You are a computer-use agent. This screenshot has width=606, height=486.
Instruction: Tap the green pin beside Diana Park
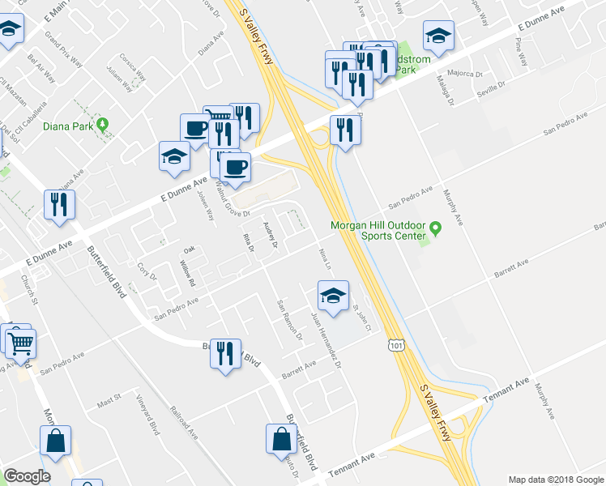click(x=102, y=125)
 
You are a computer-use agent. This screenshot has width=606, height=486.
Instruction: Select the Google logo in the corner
click(x=27, y=476)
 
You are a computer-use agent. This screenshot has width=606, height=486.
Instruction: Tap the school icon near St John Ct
click(x=332, y=296)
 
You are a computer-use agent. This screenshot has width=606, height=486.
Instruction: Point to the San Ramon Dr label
click(x=289, y=319)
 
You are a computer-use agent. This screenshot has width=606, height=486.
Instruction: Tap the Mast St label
click(x=108, y=400)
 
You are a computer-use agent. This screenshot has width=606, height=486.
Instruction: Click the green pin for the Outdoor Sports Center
click(x=435, y=229)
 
